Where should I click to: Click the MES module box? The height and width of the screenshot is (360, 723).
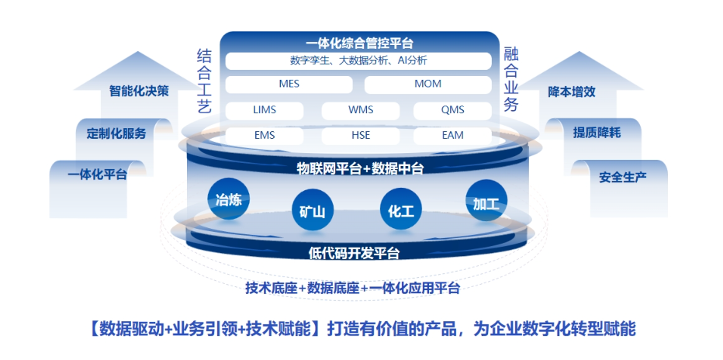click(x=289, y=84)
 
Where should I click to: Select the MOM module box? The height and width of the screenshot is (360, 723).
click(x=427, y=84)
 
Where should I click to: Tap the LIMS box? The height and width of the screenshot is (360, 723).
click(x=265, y=110)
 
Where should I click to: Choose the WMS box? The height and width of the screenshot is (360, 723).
click(x=361, y=110)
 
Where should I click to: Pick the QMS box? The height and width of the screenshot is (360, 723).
click(x=452, y=110)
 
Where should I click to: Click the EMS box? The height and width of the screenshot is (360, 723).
click(x=265, y=135)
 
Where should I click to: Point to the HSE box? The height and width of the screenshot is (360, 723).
click(x=361, y=135)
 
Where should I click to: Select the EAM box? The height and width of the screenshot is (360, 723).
click(x=452, y=135)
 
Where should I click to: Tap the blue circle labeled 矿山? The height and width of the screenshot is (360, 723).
click(x=313, y=209)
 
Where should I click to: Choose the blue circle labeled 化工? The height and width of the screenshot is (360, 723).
click(x=400, y=209)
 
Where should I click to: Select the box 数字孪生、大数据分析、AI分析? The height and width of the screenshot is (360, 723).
click(x=358, y=61)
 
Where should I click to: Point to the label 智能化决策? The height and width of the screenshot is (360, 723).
click(x=139, y=91)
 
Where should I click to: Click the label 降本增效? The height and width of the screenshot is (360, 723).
click(x=572, y=91)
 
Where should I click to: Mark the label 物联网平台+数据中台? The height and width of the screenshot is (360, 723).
click(x=360, y=168)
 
